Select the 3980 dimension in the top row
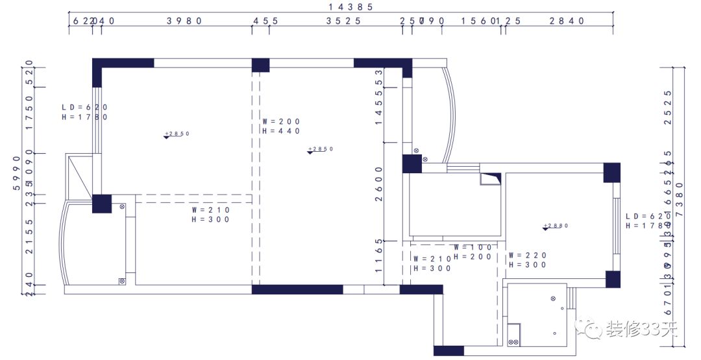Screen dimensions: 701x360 click(x=185, y=21)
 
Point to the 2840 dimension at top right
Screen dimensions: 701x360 click(x=567, y=21)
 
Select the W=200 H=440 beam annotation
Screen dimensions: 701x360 click(x=281, y=126)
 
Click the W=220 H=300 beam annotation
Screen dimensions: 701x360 click(x=528, y=260)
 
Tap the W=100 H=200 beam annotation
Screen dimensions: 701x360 click(x=473, y=252)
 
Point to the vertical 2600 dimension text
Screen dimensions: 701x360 click(x=380, y=184)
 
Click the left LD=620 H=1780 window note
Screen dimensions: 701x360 click(x=84, y=112)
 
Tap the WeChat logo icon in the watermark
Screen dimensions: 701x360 click(x=591, y=330)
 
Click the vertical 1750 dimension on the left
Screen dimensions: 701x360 click(x=29, y=112)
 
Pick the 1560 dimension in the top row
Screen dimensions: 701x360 click(x=480, y=21)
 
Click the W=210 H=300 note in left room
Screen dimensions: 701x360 click(x=211, y=215)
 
